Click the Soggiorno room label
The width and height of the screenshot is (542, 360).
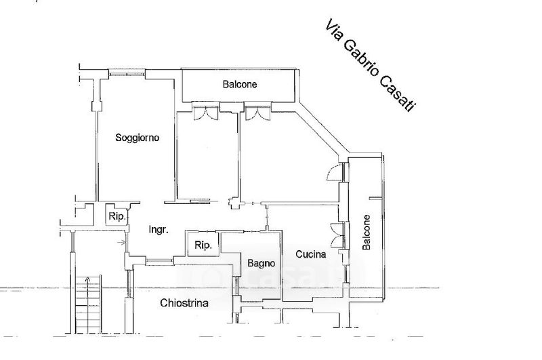point(138,138)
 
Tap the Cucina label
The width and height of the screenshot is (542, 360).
point(311,254)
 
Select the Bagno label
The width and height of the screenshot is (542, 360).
point(262,264)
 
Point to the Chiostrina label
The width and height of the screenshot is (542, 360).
point(184,303)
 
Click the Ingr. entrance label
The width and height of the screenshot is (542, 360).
point(159,230)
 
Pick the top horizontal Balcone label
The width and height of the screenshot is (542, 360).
point(240,84)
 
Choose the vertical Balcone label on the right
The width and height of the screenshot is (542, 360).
point(367,232)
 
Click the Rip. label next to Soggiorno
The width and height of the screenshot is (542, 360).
point(117,217)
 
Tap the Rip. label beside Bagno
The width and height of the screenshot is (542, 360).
point(203,245)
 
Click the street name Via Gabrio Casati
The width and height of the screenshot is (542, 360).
point(370,66)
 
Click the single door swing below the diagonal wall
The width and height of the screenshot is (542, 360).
point(335,172)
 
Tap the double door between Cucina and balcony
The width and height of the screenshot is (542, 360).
point(337,235)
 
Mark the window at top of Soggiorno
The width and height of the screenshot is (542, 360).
point(127,73)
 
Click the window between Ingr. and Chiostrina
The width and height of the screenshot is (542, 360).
point(159,262)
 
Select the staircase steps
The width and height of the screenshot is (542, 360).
point(89,304)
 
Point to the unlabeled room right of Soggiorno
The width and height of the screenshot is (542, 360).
point(207,156)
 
